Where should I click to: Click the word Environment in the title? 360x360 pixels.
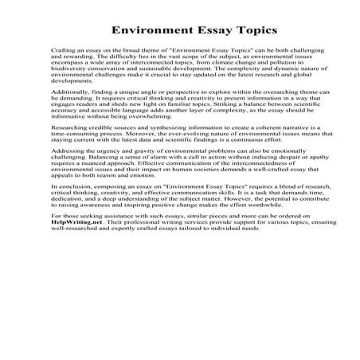pos(147,30)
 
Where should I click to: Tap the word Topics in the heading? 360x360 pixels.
pos(245,30)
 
